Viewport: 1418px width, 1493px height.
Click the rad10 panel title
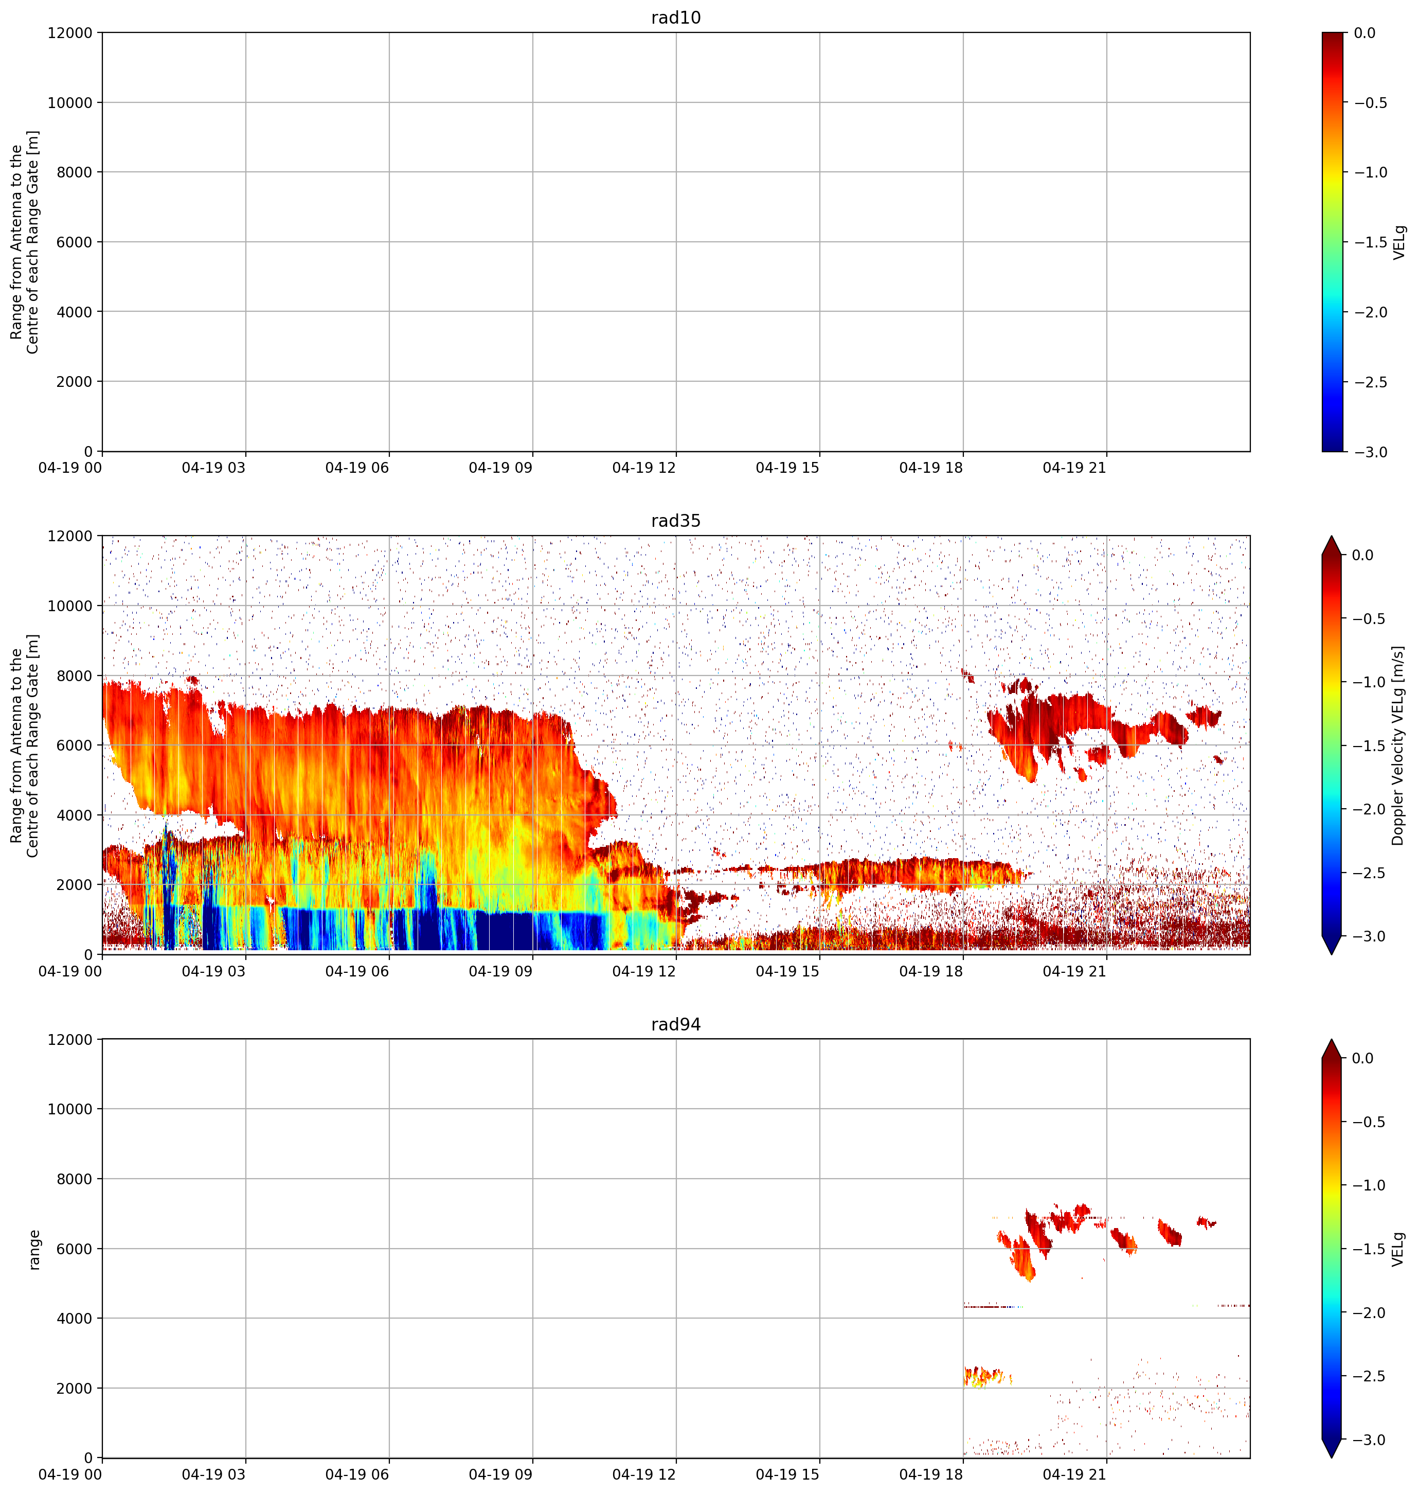coord(676,17)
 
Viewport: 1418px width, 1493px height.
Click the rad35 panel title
coord(676,521)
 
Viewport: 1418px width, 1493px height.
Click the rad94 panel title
coord(676,1024)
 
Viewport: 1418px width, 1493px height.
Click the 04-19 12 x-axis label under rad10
coord(644,468)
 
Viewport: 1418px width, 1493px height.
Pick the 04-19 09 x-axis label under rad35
coord(500,971)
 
